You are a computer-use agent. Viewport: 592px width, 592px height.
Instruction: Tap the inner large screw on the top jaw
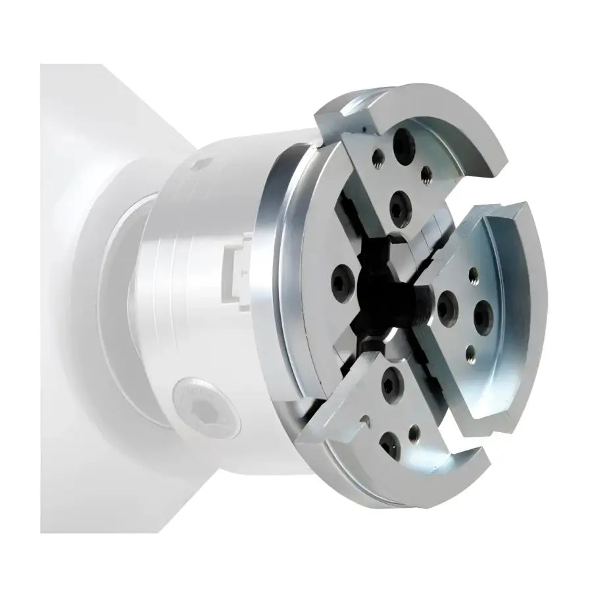click(399, 210)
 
